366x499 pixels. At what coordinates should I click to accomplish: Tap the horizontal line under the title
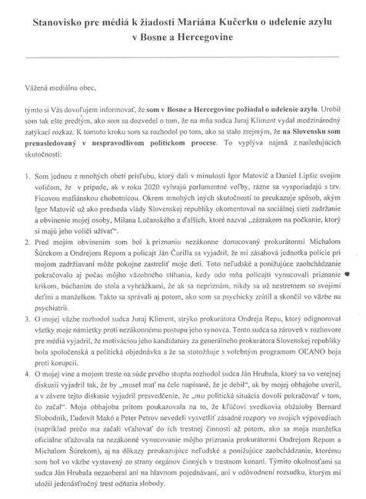(x=182, y=60)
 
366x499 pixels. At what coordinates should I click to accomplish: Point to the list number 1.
(x=27, y=177)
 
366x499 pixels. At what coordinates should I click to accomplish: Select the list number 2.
(x=27, y=242)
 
